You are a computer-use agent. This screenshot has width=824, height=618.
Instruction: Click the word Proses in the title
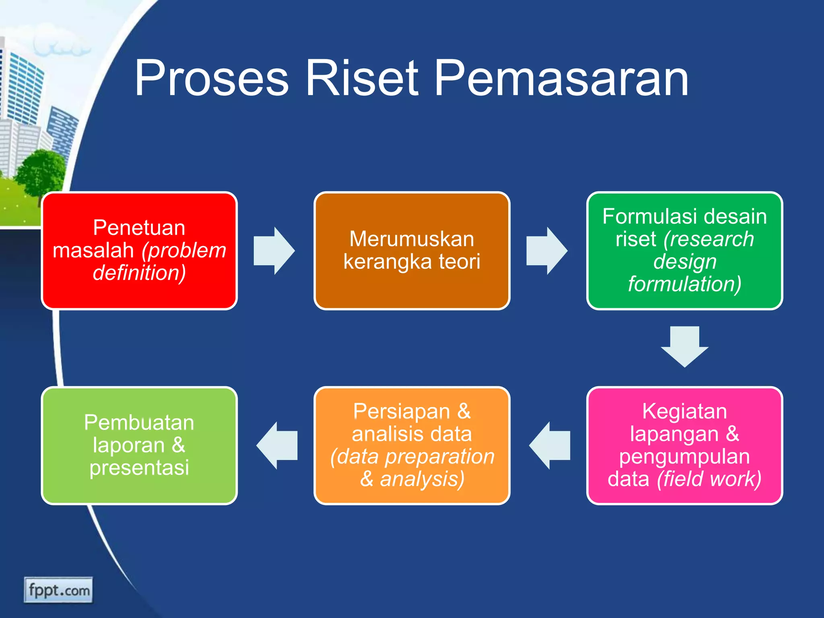(x=211, y=78)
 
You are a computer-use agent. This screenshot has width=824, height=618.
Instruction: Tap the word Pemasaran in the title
(x=562, y=78)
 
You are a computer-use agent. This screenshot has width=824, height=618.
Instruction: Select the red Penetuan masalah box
(x=139, y=251)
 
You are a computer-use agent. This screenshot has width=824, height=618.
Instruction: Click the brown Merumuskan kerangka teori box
(x=412, y=251)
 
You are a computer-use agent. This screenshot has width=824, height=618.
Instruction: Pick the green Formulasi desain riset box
(x=684, y=251)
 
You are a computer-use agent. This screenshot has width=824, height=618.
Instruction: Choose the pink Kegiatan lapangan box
(x=684, y=445)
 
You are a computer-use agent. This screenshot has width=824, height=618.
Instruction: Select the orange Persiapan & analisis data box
(x=412, y=445)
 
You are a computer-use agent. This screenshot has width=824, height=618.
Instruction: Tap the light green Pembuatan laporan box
(x=139, y=445)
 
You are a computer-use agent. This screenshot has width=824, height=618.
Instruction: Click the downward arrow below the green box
(x=684, y=346)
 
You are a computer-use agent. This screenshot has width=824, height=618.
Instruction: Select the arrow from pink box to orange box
(x=550, y=445)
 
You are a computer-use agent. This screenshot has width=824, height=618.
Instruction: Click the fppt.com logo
(x=58, y=590)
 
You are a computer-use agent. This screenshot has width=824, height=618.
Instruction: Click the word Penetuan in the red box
(x=139, y=228)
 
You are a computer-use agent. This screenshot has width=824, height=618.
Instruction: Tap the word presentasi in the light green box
(x=139, y=468)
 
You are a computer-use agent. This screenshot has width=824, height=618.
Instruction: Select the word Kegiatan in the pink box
(x=684, y=411)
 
